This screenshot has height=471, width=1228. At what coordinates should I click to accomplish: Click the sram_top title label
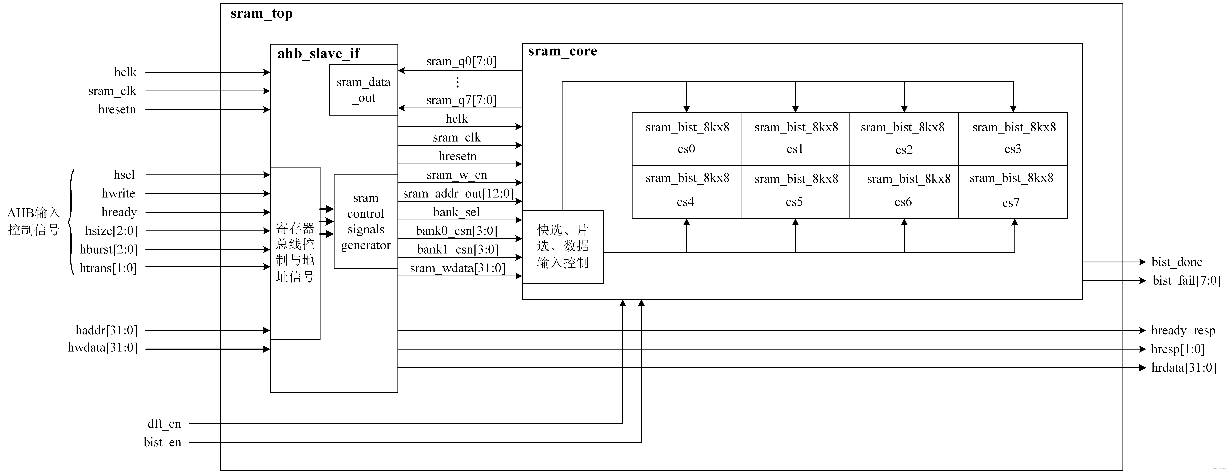tap(261, 13)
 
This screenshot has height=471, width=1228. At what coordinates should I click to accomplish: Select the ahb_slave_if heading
tap(318, 53)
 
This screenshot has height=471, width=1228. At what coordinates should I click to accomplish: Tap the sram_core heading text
tap(562, 51)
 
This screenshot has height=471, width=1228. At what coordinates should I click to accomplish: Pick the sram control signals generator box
tap(366, 221)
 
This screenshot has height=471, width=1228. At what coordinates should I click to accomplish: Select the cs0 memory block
tap(686, 139)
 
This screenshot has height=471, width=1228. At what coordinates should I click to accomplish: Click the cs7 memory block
tap(1013, 192)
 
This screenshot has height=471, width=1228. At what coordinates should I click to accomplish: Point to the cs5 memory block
tap(795, 192)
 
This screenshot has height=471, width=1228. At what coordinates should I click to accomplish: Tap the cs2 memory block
tap(904, 139)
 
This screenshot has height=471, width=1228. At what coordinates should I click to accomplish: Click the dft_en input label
tap(164, 423)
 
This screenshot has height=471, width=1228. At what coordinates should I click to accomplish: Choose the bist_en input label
tap(163, 442)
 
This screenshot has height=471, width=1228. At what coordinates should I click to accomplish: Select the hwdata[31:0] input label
tap(103, 348)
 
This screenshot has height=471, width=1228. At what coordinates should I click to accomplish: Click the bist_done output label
tap(1176, 262)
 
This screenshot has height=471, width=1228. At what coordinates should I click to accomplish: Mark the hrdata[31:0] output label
tap(1183, 368)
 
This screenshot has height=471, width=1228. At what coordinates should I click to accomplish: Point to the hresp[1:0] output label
tap(1177, 349)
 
